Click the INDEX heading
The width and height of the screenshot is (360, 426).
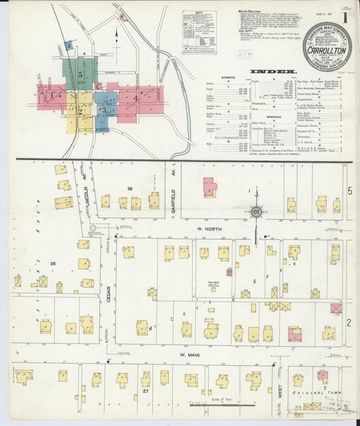point(272,71)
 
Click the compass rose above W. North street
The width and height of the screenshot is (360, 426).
point(256,213)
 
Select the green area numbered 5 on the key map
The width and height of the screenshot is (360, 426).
point(80,72)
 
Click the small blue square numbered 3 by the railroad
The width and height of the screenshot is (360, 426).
point(68,46)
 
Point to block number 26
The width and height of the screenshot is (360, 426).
point(128,188)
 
